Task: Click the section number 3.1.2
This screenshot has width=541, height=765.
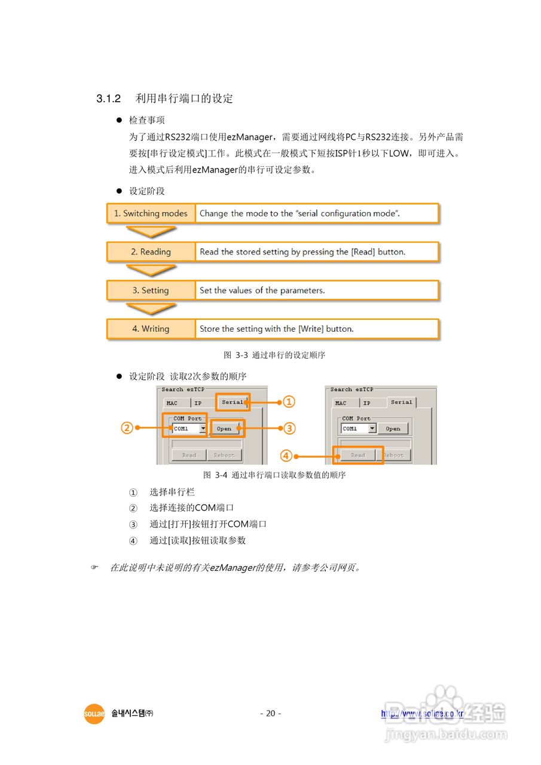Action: (109, 99)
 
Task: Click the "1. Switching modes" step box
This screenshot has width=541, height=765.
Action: (151, 213)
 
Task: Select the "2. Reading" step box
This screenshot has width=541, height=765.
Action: (151, 252)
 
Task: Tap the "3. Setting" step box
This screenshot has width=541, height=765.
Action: (151, 290)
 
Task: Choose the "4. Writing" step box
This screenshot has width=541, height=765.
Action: (151, 329)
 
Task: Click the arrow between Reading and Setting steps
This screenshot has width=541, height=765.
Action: (151, 270)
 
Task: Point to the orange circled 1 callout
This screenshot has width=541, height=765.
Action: (289, 402)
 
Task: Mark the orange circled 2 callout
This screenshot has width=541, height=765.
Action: (127, 428)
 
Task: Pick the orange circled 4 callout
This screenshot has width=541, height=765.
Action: (286, 455)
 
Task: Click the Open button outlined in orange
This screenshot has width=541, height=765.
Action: (225, 429)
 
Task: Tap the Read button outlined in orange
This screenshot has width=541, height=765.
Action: (358, 455)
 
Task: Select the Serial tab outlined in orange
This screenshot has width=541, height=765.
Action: (233, 402)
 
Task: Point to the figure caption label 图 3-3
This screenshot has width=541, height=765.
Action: (236, 355)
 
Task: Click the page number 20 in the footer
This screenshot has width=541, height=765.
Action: (270, 713)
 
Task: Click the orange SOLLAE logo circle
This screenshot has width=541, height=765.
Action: (94, 714)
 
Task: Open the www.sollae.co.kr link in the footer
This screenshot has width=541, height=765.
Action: (422, 714)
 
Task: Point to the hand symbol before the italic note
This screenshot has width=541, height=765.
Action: (94, 567)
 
